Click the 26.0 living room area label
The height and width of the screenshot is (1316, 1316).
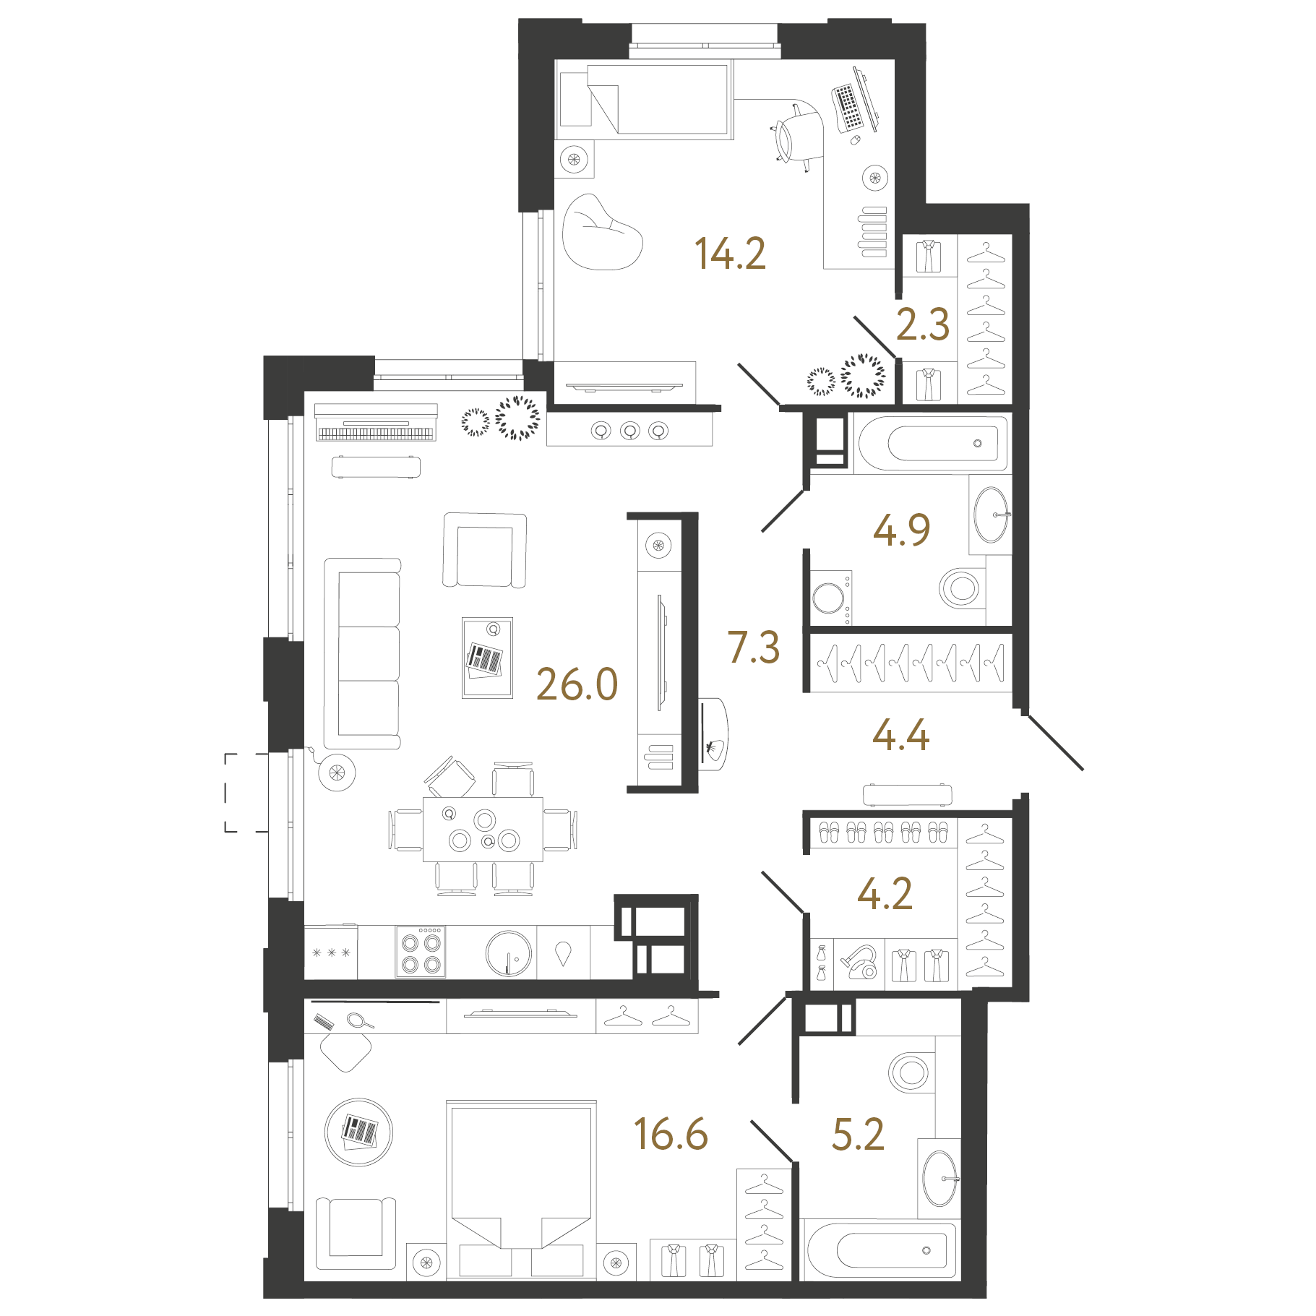click(x=577, y=684)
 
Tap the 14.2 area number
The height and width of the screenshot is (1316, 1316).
click(x=730, y=254)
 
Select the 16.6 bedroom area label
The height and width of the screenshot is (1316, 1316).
click(x=671, y=1134)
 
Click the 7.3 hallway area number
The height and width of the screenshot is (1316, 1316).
click(x=754, y=647)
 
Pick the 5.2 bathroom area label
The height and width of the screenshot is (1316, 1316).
click(x=858, y=1134)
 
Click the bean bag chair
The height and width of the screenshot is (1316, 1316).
click(x=602, y=232)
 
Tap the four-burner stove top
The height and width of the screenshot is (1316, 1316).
click(x=421, y=952)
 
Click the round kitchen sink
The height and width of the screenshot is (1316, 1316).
click(x=509, y=953)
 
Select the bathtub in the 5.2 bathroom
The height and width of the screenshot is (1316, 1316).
click(x=881, y=1250)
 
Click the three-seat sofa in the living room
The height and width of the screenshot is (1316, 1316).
click(x=362, y=653)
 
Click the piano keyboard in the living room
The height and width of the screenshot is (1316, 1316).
click(x=376, y=422)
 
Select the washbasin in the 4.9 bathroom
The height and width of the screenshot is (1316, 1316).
click(x=991, y=515)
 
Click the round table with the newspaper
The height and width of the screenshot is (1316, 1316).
click(x=359, y=1132)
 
